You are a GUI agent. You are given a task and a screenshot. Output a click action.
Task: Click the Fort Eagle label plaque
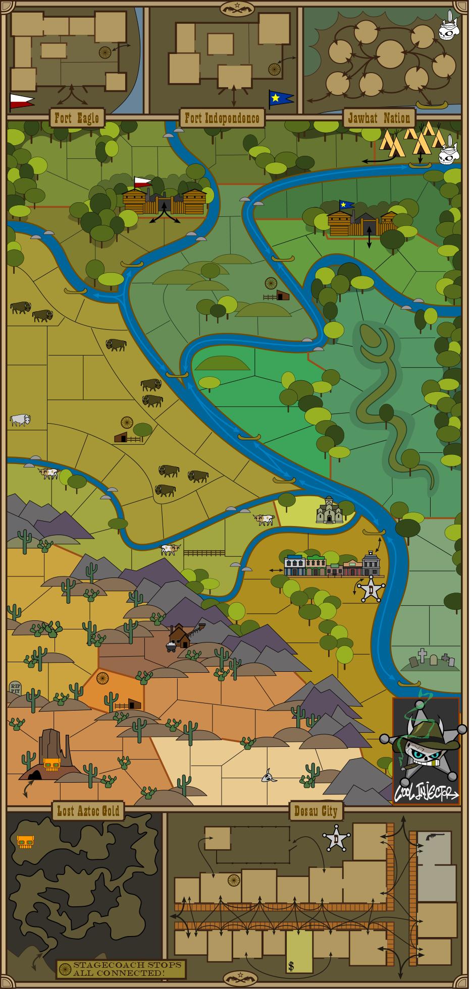pyautogui.click(x=77, y=119)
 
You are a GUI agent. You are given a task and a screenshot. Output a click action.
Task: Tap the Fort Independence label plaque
pyautogui.click(x=222, y=119)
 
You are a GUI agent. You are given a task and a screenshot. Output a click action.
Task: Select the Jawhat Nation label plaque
pyautogui.click(x=379, y=119)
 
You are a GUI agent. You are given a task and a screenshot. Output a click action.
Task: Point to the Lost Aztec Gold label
pyautogui.click(x=88, y=811)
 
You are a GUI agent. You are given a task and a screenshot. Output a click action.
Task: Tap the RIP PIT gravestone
pyautogui.click(x=15, y=687)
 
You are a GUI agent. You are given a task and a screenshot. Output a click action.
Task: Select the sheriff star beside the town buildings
pyautogui.click(x=371, y=589)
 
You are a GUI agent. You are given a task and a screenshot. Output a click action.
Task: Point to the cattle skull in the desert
pyautogui.click(x=269, y=777)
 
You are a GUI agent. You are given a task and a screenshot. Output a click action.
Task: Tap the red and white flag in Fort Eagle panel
pyautogui.click(x=22, y=100)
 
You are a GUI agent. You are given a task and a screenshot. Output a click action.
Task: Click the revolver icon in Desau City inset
pyautogui.click(x=433, y=838)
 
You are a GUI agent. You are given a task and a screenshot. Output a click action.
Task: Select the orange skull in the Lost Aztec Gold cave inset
pyautogui.click(x=26, y=841)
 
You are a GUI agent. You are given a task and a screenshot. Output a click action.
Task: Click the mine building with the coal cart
pyautogui.click(x=179, y=637)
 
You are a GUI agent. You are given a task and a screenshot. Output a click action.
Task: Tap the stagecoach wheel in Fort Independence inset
pyautogui.click(x=275, y=69)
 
